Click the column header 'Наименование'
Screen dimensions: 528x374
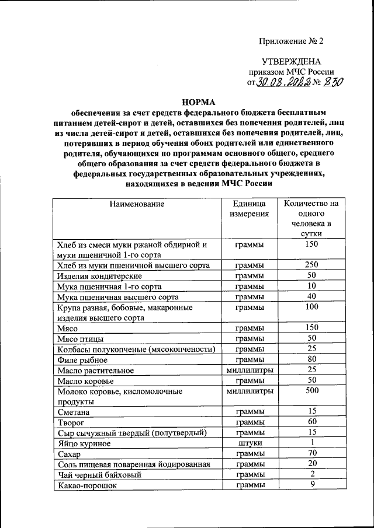pyautogui.click(x=136, y=204)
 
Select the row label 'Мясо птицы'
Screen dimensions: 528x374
pyautogui.click(x=81, y=338)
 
